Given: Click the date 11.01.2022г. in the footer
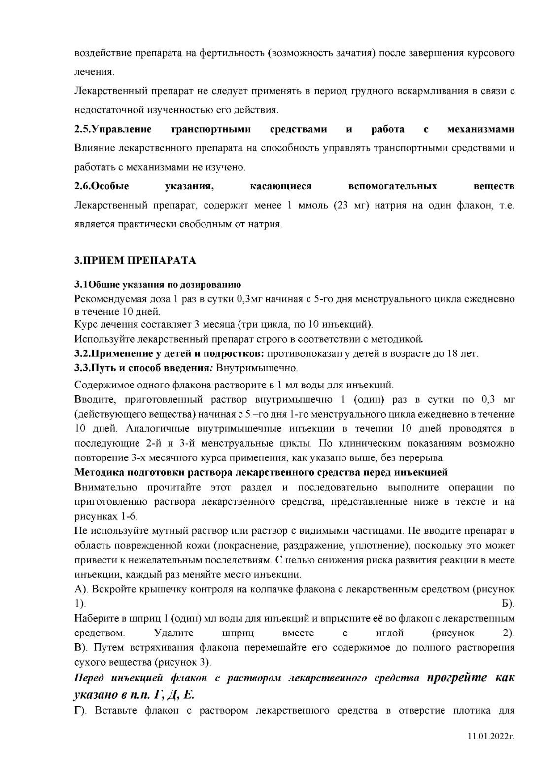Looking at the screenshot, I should (x=491, y=751).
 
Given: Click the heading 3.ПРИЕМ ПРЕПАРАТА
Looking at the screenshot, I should (x=135, y=261).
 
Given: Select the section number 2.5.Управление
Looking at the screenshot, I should (x=113, y=129).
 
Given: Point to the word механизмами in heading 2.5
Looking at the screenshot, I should (x=480, y=129).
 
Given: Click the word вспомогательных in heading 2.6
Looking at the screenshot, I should (x=392, y=186).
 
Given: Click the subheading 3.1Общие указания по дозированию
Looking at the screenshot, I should (x=157, y=285).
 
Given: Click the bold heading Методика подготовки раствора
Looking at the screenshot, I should (x=261, y=472).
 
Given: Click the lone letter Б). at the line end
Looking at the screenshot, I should (x=508, y=603).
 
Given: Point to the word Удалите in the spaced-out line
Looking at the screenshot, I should (x=174, y=633).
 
